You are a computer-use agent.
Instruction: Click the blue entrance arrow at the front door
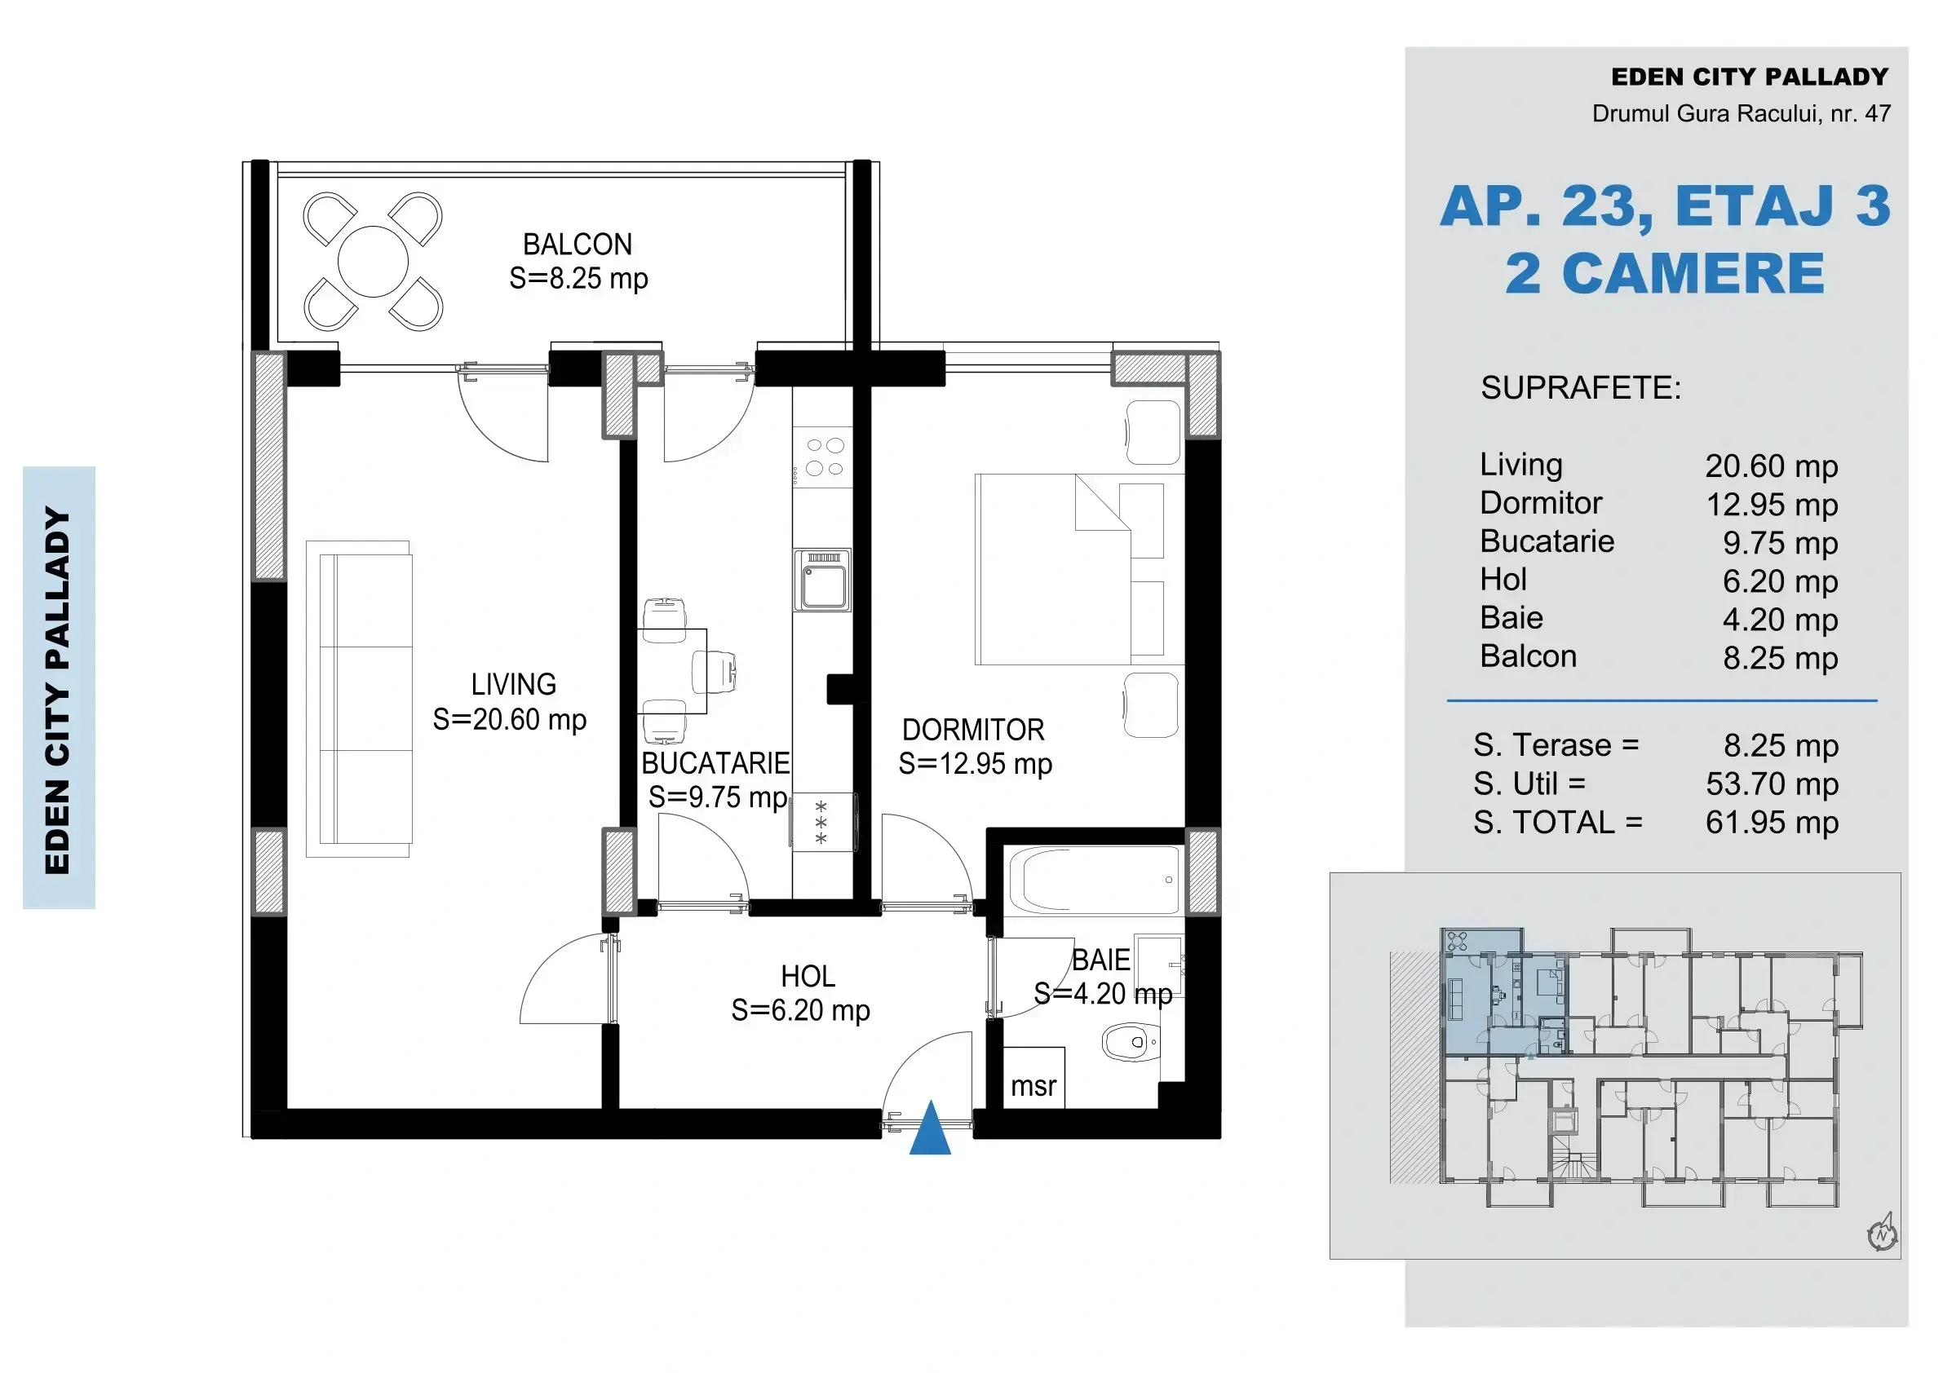tap(930, 1130)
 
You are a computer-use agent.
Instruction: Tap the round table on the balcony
tap(374, 263)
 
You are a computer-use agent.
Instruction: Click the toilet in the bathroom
tap(1131, 1042)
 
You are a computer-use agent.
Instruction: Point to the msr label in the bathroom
tap(1033, 1086)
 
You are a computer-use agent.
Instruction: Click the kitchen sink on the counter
tap(822, 581)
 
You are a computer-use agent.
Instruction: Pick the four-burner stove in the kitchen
tap(823, 457)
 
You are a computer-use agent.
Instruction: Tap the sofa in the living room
tap(365, 699)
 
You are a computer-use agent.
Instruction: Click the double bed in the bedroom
tap(1069, 569)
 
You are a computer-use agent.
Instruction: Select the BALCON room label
tap(578, 245)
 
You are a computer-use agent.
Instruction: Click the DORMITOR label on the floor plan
tap(973, 729)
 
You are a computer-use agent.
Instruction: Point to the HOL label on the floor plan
tap(808, 976)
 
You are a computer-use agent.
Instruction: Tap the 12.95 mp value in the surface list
tap(1772, 505)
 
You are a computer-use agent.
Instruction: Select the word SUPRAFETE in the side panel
tap(1581, 387)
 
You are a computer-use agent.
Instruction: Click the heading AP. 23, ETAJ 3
tap(1665, 206)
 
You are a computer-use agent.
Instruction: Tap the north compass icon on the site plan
tap(1882, 1234)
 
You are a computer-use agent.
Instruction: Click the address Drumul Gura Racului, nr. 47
tap(1741, 113)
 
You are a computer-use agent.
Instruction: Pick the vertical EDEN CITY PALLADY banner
tap(59, 687)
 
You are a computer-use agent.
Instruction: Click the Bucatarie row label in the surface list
tap(1547, 541)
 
